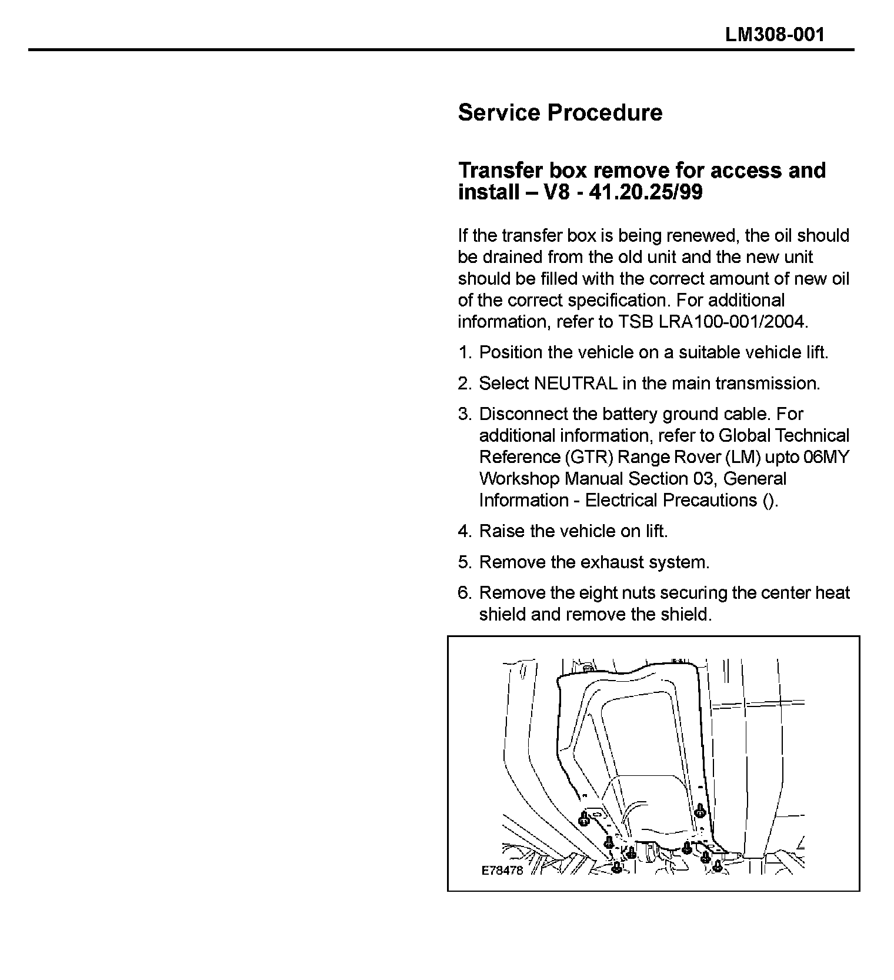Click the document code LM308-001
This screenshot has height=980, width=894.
(x=775, y=34)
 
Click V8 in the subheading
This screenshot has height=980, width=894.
(x=556, y=192)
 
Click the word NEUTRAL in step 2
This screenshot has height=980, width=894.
(x=575, y=384)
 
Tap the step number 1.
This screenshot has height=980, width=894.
(x=464, y=353)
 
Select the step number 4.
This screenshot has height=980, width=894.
(x=464, y=532)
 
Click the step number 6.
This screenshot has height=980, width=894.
(x=464, y=593)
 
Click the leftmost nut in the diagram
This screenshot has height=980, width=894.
(x=584, y=818)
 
